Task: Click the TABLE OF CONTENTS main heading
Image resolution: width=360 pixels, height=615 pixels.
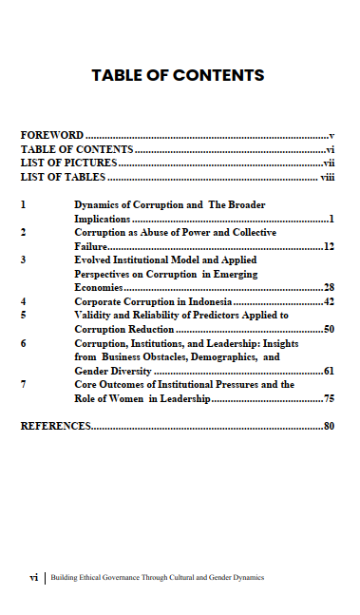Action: tap(178, 75)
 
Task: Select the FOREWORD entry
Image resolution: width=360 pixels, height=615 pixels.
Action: tap(52, 136)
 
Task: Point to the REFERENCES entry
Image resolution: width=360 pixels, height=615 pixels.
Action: tap(55, 427)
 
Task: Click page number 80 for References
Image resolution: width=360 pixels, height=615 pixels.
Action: tap(330, 427)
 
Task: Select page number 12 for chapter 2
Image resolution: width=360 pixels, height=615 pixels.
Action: tap(330, 247)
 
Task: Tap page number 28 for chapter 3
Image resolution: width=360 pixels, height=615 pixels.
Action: tap(330, 287)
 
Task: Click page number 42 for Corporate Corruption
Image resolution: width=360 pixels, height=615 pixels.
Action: tap(330, 301)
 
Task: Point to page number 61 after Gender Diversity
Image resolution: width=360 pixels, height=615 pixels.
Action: tap(330, 371)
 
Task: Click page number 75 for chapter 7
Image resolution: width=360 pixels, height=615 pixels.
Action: tap(330, 399)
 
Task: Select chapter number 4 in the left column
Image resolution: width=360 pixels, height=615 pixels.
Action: tap(24, 301)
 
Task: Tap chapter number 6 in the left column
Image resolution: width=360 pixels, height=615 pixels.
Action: tap(24, 343)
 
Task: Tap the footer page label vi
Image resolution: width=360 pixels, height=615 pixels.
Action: tap(34, 577)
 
